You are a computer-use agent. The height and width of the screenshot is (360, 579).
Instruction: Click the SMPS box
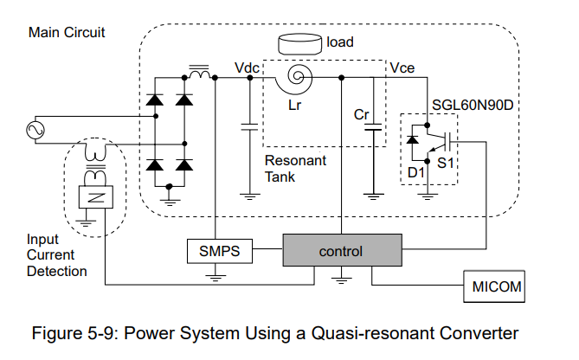220,251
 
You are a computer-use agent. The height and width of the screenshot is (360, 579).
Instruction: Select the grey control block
343,250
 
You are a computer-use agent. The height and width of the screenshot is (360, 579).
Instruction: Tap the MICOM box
494,286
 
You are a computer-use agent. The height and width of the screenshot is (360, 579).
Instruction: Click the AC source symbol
35,130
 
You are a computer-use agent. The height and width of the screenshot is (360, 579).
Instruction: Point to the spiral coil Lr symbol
294,79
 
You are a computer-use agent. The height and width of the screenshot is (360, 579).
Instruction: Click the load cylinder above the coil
299,44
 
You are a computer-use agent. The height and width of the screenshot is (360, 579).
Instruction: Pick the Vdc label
247,68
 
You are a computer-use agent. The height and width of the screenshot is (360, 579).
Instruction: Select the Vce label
402,68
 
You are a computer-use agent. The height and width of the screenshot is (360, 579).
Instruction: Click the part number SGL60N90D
473,106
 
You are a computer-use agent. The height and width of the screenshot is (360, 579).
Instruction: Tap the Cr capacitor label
361,114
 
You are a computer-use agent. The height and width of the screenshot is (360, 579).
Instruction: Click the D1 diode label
415,172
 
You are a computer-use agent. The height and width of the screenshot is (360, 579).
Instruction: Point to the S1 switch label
446,163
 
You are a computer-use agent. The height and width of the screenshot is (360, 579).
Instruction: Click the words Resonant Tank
295,169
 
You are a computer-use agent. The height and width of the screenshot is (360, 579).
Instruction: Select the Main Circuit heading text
67,33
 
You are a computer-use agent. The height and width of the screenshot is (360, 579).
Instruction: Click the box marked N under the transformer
96,197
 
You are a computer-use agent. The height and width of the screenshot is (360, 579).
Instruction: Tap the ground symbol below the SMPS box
216,277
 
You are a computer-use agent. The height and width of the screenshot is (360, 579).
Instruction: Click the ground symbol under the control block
342,280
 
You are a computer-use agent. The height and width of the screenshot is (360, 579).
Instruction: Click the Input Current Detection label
56,255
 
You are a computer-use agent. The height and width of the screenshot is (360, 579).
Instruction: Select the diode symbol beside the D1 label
413,139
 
